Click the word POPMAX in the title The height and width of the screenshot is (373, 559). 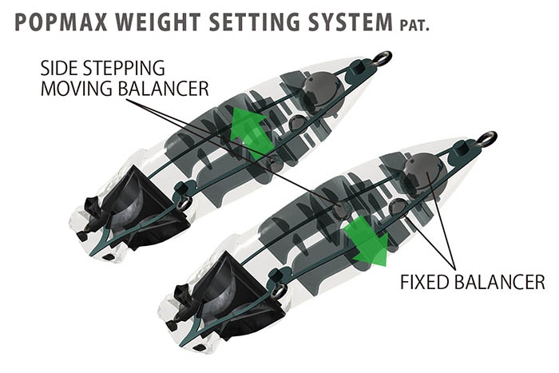(x=61, y=22)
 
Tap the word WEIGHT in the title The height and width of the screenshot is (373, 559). (x=158, y=22)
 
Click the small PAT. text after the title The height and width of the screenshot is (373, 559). (x=414, y=26)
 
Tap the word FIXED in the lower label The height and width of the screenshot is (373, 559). (x=424, y=282)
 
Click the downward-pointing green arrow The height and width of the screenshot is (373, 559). (x=368, y=240)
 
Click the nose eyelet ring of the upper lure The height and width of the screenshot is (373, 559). (x=383, y=58)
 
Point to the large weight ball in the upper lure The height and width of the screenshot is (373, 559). (x=321, y=89)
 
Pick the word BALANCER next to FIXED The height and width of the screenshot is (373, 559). (x=499, y=282)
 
